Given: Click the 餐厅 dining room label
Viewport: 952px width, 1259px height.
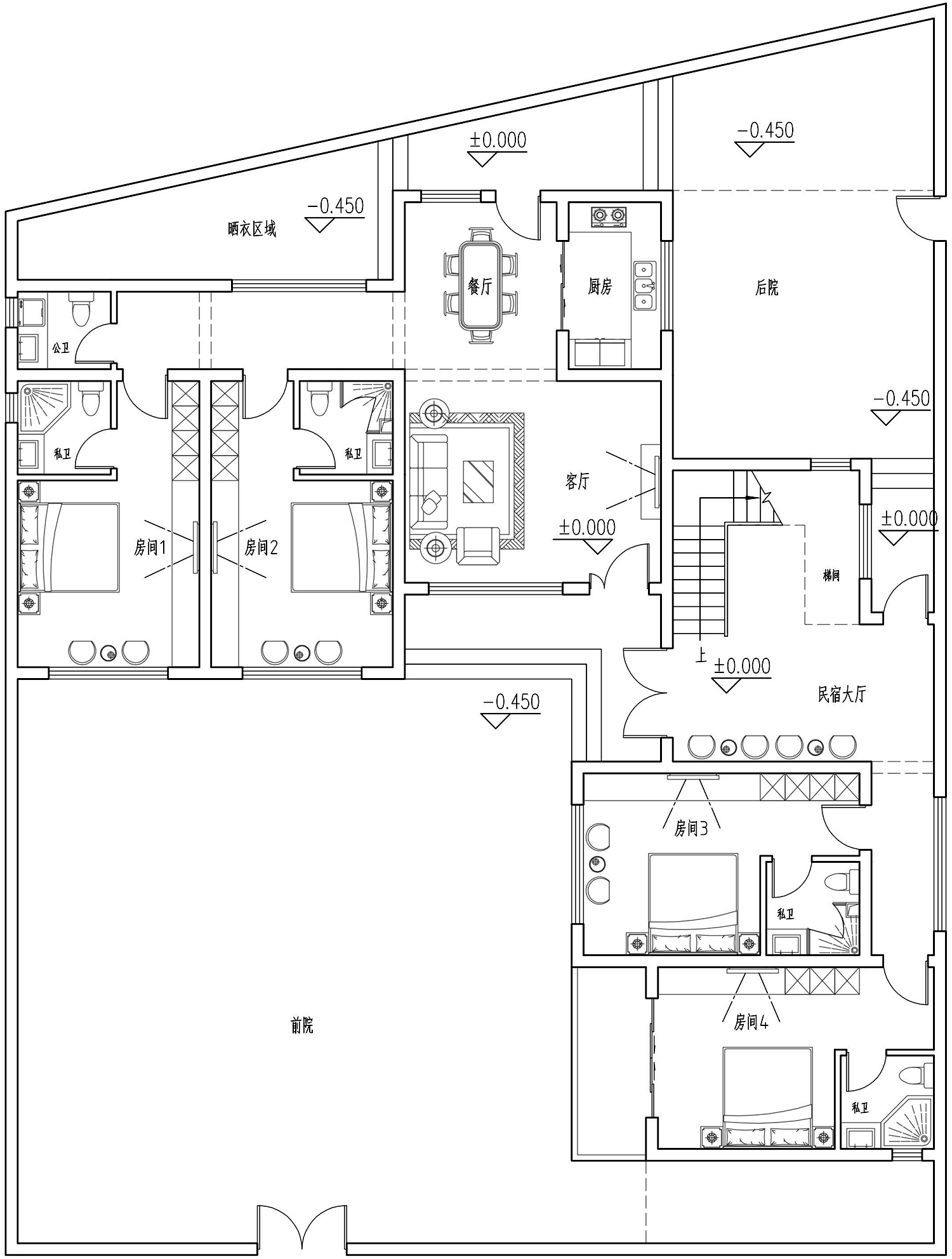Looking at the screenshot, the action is (480, 286).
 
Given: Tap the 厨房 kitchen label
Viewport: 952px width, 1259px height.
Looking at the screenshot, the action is (599, 286).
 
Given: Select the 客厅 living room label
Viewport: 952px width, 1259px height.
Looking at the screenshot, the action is (577, 481).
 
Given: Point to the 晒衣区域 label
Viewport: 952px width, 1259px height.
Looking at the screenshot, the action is (252, 229).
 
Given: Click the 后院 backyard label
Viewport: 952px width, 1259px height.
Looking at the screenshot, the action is (767, 288).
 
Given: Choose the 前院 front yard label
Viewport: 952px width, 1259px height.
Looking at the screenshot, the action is (301, 1025).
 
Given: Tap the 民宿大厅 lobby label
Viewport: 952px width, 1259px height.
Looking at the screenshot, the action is (842, 695).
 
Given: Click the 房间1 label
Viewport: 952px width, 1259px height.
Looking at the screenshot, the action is (150, 547).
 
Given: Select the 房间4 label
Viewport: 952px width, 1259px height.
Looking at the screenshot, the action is (751, 1022).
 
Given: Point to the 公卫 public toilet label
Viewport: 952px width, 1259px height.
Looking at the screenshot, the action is (61, 348).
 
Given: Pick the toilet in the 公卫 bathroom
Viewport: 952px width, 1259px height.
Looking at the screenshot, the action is (80, 309).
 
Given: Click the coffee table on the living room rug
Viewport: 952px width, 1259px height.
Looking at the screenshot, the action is (478, 481).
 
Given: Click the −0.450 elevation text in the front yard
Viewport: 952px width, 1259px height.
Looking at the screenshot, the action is (512, 702).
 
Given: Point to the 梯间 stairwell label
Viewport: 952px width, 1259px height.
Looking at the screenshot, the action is (831, 576).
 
